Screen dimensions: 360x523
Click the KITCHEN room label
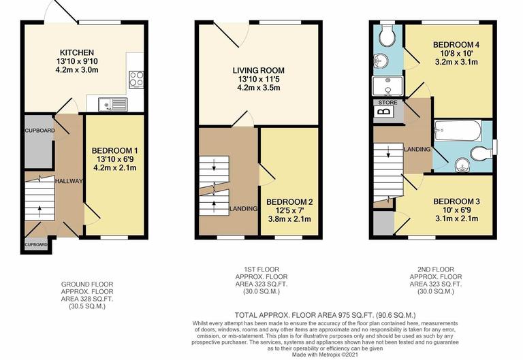click(x=76, y=52)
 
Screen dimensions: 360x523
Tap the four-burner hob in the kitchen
click(x=135, y=80)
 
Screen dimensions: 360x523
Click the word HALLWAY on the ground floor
click(x=69, y=181)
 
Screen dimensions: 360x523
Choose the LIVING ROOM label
click(x=258, y=70)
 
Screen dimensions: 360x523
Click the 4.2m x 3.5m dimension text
click(x=258, y=88)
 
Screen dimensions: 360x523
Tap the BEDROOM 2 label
click(x=289, y=202)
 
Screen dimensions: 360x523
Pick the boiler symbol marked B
click(x=385, y=112)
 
